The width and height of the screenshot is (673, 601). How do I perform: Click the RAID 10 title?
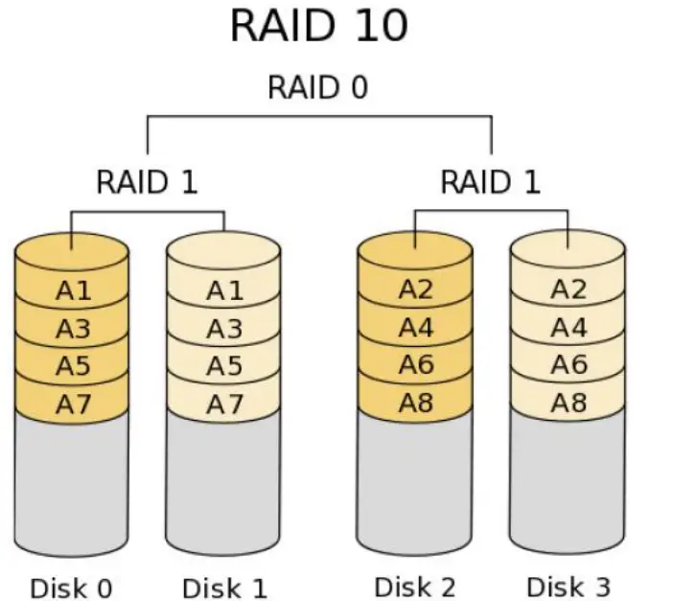318,27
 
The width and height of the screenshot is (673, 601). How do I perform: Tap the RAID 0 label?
317,88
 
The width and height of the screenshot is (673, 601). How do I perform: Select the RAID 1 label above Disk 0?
147,181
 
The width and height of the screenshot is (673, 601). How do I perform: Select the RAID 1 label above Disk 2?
490,181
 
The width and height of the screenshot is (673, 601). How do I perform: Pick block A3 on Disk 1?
224,329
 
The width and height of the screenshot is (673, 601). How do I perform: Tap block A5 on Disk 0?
72,366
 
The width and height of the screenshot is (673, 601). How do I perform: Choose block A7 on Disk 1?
224,404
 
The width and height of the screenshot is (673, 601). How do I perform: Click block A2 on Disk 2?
415,289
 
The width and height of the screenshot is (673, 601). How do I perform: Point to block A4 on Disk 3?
568,328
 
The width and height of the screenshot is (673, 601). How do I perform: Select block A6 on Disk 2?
415,365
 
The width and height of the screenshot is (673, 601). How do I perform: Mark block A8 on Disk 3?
568,403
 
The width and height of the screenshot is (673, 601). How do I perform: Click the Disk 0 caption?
71,587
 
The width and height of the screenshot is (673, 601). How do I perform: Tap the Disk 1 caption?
224,587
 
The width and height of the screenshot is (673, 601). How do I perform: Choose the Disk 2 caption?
414,585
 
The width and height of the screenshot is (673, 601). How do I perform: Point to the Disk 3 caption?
568,585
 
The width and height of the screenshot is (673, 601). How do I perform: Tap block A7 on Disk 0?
72,404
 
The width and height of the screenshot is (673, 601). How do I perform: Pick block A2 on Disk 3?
568,289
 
